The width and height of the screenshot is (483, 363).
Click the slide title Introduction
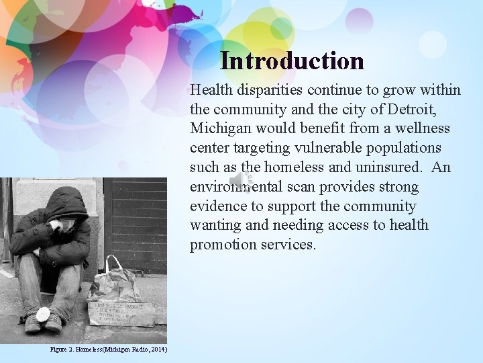[x=292, y=61]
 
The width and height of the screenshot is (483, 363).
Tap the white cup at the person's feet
[x=44, y=313]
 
